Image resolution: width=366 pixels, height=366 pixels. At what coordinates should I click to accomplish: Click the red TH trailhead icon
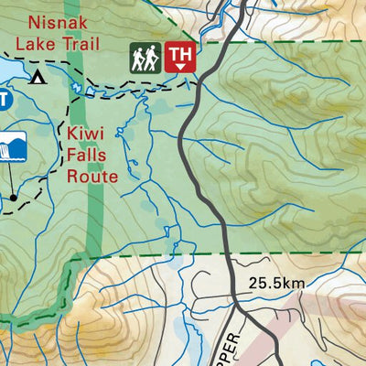tap(181, 57)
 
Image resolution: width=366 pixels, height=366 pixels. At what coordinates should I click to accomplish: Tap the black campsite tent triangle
tap(38, 77)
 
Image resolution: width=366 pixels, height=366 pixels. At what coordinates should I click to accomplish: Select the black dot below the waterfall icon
tap(14, 196)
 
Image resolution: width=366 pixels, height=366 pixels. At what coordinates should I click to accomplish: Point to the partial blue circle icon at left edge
tap(4, 98)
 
